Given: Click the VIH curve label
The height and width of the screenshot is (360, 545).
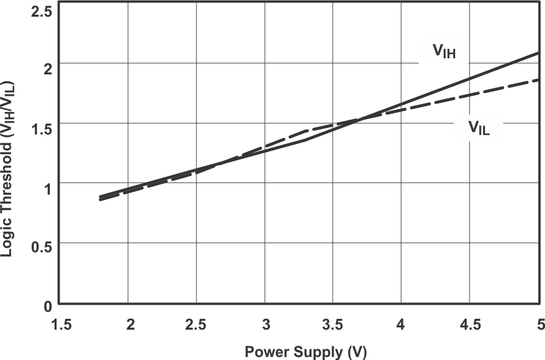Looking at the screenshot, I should point(444,52).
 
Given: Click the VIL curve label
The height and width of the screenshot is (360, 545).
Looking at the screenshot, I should point(478,127).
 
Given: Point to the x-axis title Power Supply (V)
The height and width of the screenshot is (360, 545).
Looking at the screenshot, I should point(306,351).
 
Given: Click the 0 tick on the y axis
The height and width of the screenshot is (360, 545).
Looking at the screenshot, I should point(46,306).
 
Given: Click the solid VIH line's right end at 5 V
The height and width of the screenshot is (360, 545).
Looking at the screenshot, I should point(538,52).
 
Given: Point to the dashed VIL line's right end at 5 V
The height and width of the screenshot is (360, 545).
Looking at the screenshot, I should point(538,80).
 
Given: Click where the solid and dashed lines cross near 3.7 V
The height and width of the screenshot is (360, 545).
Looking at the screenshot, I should point(359,120).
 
